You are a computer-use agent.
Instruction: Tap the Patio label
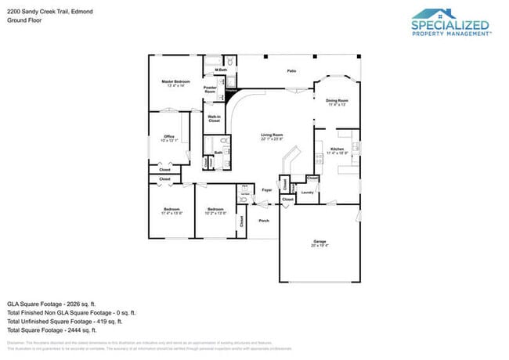[x=291, y=71]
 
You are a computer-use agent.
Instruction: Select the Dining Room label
[x=337, y=102]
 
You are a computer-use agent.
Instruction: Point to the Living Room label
[x=272, y=137]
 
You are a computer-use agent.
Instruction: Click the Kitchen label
[x=337, y=150]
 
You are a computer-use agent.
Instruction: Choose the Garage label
[x=319, y=243]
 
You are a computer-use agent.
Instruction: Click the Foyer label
[x=266, y=189]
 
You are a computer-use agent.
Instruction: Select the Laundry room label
[x=308, y=192]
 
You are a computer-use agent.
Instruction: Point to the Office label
[x=169, y=138]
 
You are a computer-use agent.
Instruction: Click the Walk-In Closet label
[x=214, y=119]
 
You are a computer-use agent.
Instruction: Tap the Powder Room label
[x=210, y=90]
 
